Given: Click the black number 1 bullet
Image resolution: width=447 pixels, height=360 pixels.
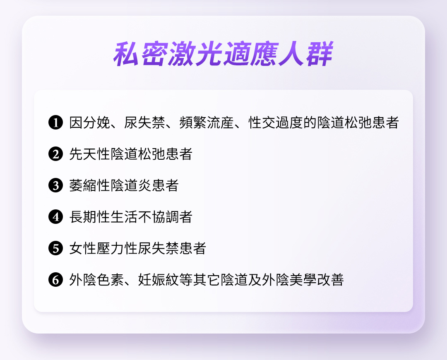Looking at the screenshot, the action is [x=55, y=122].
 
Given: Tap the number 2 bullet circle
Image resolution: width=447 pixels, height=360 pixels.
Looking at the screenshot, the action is [x=55, y=154].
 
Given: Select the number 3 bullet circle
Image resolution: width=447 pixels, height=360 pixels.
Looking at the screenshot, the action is [x=55, y=185].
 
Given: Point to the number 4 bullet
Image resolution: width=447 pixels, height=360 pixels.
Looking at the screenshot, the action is [x=55, y=217].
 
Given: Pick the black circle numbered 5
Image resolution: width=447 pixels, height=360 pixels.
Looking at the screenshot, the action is [x=55, y=248].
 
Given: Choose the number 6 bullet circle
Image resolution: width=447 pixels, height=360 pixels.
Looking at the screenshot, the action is [x=55, y=280].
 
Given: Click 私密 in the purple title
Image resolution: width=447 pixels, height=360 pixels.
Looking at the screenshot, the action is [x=140, y=54].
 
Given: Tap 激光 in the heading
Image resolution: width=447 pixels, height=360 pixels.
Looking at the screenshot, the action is [x=195, y=54].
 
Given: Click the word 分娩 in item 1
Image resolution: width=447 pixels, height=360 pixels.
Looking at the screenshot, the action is [x=96, y=122].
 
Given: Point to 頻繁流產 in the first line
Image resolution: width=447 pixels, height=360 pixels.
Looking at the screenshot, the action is [x=207, y=122].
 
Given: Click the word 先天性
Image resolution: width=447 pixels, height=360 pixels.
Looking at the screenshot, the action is [x=90, y=154].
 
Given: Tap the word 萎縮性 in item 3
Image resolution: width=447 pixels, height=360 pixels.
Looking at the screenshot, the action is [x=90, y=185].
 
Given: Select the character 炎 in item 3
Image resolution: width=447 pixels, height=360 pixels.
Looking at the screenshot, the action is [x=145, y=185].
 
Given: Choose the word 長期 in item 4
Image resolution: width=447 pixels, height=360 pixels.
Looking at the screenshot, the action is [x=83, y=217].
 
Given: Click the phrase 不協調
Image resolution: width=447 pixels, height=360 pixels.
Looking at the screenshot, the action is [x=159, y=217].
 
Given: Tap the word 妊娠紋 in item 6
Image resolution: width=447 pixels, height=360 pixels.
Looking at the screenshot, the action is [x=159, y=280].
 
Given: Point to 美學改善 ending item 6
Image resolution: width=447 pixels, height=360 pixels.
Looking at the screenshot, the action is [x=317, y=280].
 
